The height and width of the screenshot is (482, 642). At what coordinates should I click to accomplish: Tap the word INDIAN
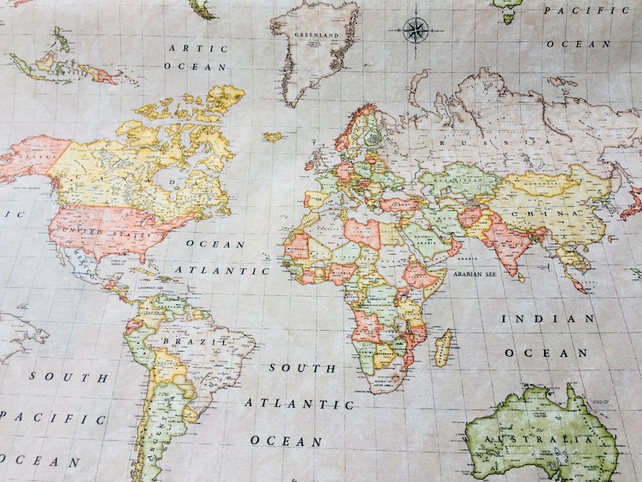[547, 319]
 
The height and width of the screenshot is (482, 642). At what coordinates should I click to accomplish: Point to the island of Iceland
[273, 137]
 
